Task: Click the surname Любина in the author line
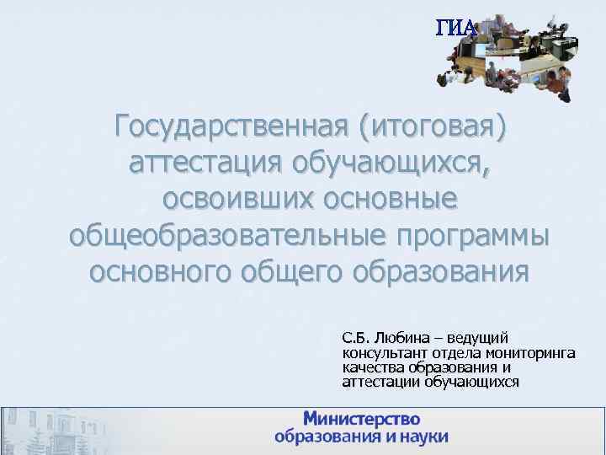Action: coord(401,336)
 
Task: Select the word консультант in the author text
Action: coord(380,352)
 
